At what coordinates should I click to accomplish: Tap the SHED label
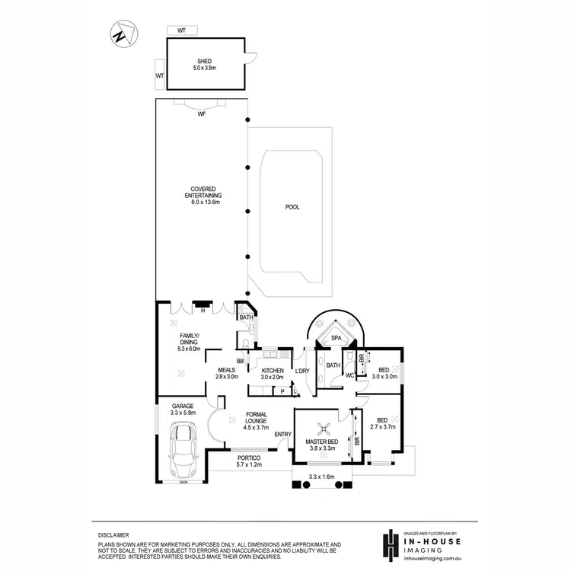(203, 61)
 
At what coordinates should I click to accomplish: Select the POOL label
(292, 206)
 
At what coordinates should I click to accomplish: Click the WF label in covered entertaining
(202, 114)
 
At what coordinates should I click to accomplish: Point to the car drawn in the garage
(182, 454)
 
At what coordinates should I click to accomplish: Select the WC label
(350, 375)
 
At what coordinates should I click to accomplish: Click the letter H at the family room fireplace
(203, 310)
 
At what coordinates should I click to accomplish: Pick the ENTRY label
(282, 435)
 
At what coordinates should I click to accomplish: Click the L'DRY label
(302, 371)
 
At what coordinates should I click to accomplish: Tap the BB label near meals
(240, 361)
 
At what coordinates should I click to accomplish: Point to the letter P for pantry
(282, 391)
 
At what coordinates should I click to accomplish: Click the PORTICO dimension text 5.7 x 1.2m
(249, 464)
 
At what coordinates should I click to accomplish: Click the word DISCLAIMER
(113, 535)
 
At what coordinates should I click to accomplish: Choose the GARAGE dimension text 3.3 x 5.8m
(182, 413)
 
